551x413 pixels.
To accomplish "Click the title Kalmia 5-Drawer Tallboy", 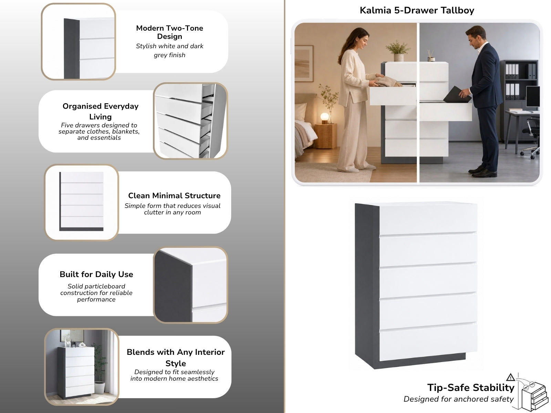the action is (x=417, y=11).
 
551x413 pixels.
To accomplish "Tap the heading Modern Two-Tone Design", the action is (x=169, y=32).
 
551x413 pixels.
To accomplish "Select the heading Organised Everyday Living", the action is (x=101, y=111).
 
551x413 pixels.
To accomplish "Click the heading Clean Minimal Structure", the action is (x=174, y=195).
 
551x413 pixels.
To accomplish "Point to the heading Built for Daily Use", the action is (x=96, y=274).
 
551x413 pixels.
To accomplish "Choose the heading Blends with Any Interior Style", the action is (x=176, y=358).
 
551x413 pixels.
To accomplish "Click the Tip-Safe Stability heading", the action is (x=471, y=388).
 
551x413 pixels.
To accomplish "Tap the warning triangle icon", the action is (x=510, y=377).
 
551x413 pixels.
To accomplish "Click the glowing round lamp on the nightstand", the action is (x=325, y=117).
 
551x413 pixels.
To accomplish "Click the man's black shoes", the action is (x=482, y=171).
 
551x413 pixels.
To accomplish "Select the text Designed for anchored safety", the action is (x=458, y=399).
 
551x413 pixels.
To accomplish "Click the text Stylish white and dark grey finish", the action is (x=169, y=50).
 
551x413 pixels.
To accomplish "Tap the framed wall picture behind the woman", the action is (x=304, y=63).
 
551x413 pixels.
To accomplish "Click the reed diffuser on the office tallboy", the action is (x=431, y=56).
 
